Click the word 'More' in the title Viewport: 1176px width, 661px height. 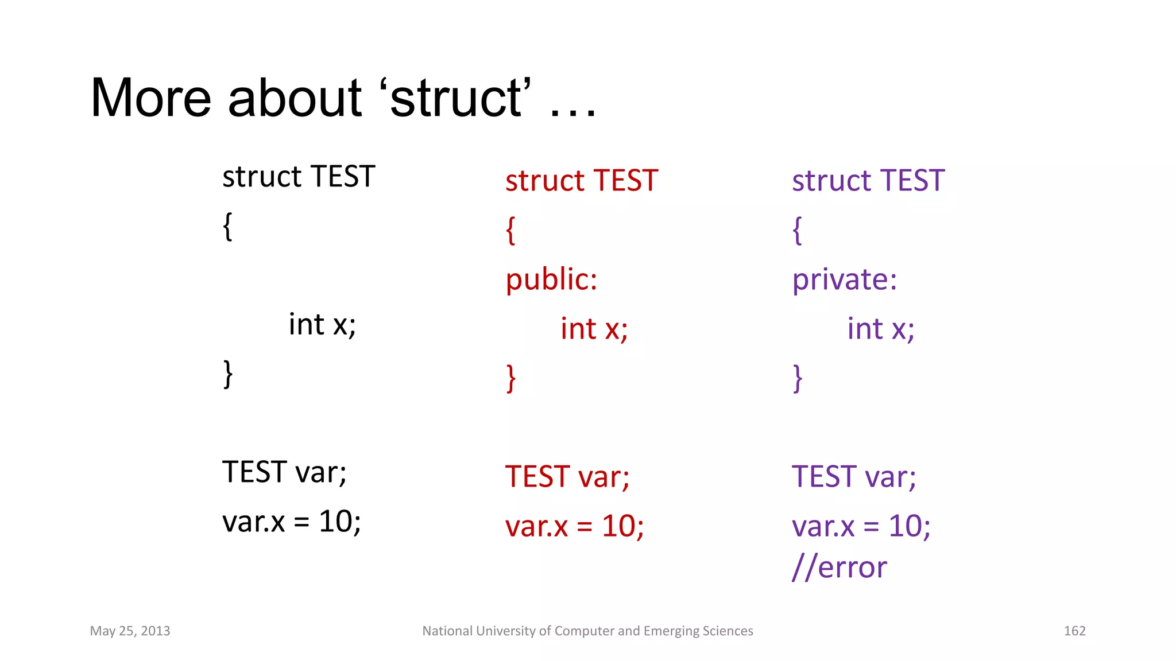tap(150, 98)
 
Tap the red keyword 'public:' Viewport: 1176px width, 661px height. tap(551, 280)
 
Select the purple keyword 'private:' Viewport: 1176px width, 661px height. tap(844, 280)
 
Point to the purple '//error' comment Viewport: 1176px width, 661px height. tap(839, 567)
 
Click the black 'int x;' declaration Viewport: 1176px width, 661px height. tap(322, 325)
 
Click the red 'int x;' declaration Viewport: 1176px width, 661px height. tap(594, 329)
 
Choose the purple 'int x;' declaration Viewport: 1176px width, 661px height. tap(881, 329)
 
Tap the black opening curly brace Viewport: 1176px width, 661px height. tap(227, 227)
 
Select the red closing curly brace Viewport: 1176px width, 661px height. tap(511, 379)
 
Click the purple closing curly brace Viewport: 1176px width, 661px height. tap(798, 379)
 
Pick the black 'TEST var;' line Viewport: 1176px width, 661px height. tap(284, 472)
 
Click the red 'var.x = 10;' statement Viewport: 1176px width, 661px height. tap(574, 526)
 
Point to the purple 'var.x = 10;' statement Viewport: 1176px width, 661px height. tap(861, 526)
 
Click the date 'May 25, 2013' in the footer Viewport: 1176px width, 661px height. tap(130, 631)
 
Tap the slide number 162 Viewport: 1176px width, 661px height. tap(1074, 631)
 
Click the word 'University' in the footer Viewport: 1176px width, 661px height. tap(509, 631)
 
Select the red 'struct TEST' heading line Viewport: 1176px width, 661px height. tap(581, 181)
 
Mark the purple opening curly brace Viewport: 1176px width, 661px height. tap(797, 231)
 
